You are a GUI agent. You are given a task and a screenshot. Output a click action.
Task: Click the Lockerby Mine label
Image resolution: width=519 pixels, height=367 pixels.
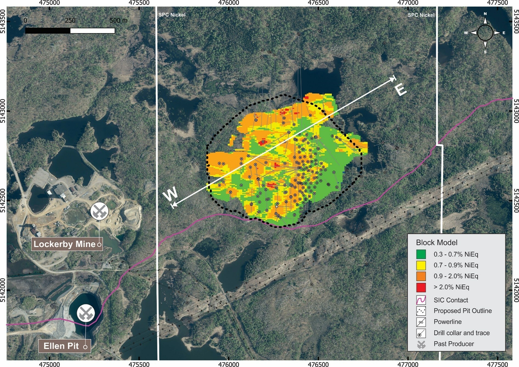pos(65,244)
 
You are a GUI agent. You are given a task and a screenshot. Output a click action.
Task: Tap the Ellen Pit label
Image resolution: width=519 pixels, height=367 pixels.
pos(61,346)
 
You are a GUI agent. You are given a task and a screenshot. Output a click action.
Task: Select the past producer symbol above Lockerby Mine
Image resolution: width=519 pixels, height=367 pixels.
pos(99,211)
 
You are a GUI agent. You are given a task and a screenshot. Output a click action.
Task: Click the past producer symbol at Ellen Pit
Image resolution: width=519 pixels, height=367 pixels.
pos(86,313)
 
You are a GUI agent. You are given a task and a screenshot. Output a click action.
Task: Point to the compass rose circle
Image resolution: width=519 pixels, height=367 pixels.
pos(485,33)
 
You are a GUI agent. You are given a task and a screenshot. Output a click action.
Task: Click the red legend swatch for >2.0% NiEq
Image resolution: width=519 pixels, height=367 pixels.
pos(421,287)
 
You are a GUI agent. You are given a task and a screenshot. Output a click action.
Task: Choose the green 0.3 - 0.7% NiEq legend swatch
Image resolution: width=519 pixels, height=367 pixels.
pos(421,254)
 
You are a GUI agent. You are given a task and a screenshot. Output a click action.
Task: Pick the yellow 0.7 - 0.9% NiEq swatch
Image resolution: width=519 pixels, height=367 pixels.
pos(421,265)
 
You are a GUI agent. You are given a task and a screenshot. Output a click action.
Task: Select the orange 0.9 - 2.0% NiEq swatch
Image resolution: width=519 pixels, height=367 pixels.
pos(421,276)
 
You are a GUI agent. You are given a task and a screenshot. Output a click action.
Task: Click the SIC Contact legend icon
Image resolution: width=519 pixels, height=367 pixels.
pos(421,300)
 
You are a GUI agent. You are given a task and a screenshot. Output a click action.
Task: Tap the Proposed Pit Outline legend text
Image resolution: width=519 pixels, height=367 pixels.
pos(463,311)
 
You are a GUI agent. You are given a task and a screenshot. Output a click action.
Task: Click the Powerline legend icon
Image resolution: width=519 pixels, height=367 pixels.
pos(421,322)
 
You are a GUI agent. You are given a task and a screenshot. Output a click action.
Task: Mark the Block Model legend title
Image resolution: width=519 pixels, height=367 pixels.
pos(436,243)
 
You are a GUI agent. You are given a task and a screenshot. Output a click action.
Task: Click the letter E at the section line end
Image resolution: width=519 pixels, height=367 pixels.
pos(401,89)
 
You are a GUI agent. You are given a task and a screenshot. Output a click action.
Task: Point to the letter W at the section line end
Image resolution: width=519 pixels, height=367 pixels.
pos(170,194)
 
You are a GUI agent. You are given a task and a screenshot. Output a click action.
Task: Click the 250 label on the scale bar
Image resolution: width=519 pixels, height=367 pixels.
pos(70,21)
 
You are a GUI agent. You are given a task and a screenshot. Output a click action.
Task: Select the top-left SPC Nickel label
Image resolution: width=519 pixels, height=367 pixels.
pos(172,15)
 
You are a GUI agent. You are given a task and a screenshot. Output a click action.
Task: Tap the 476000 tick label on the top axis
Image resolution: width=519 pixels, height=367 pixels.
pos(229,3)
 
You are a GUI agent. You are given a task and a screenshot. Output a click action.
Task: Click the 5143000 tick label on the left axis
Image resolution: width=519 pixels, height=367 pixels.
pos(3,111)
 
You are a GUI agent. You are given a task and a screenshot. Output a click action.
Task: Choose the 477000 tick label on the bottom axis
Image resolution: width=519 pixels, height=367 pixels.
pos(408,364)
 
